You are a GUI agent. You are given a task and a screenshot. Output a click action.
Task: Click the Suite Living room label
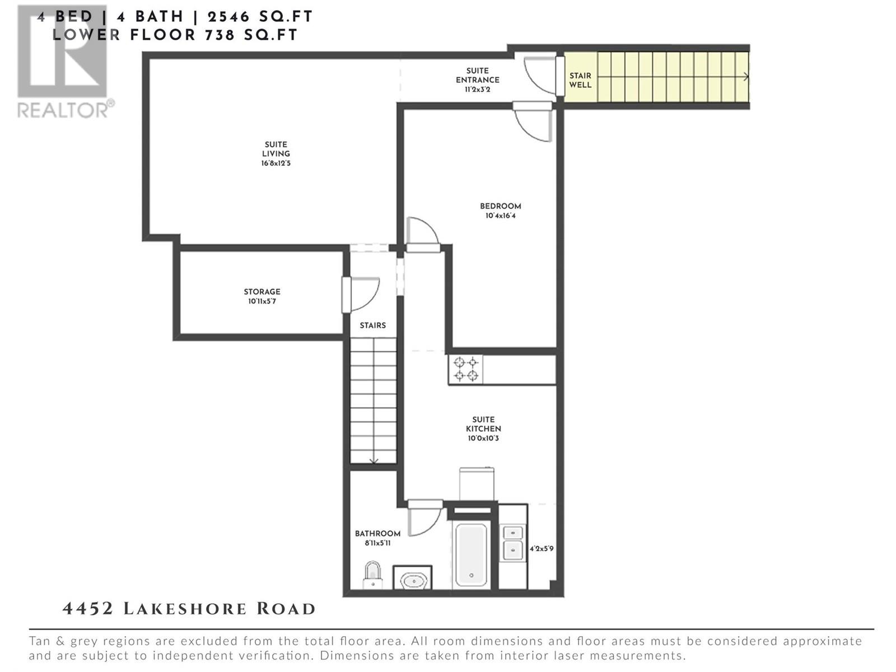(276, 149)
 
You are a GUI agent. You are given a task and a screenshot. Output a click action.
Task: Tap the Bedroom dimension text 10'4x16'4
(501, 216)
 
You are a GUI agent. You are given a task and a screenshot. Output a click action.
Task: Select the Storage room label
(262, 292)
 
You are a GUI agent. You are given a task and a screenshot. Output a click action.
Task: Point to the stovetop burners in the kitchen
(466, 368)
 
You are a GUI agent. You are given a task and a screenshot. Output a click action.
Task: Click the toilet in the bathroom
(372, 575)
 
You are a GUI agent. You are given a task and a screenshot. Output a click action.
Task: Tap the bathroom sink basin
(413, 580)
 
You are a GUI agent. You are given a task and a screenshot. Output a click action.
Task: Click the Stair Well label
(580, 80)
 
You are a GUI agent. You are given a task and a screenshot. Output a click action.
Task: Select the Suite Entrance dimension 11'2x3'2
(477, 89)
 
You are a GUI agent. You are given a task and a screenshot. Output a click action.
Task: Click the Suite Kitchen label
(483, 424)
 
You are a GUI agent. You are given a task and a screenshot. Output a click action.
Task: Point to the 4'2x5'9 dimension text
(542, 548)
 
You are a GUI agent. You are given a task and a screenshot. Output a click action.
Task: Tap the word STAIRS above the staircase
(373, 325)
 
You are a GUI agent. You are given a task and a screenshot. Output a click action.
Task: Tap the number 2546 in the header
(228, 17)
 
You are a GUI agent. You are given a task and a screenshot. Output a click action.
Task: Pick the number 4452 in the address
(87, 609)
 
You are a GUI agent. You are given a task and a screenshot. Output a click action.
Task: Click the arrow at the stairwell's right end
(745, 76)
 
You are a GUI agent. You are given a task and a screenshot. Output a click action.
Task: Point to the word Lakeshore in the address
(185, 609)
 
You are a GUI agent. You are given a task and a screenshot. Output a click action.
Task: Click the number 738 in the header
(221, 35)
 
